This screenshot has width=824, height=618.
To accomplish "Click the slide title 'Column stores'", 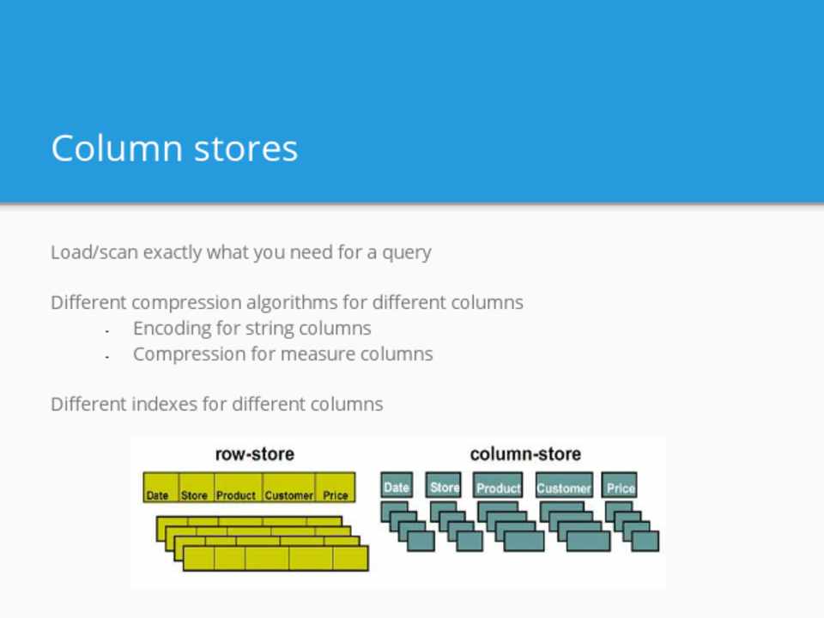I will click(174, 148).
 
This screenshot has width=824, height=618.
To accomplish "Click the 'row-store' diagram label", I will click(254, 454).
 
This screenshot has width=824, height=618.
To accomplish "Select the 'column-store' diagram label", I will click(525, 454).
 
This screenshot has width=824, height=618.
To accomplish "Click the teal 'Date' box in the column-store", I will click(397, 486).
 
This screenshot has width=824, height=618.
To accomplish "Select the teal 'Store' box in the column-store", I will click(445, 486).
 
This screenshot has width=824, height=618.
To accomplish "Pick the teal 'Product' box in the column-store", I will click(499, 487).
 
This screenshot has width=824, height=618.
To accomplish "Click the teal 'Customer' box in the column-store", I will click(564, 487).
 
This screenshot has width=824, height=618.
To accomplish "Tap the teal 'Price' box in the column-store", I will click(620, 486).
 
